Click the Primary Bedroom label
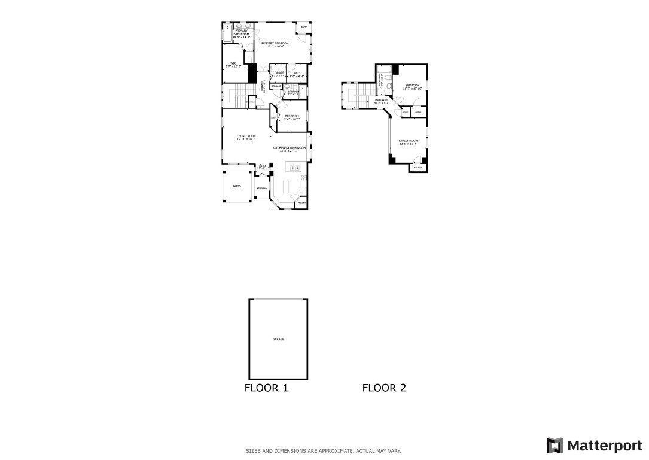(275, 43)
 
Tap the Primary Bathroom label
(241, 34)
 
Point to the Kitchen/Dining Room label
(289, 147)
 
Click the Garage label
(278, 340)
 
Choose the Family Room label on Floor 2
(408, 141)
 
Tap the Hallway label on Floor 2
(381, 100)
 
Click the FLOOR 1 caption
(266, 388)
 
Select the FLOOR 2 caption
(384, 388)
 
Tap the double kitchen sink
(294, 168)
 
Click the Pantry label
(301, 203)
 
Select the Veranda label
(261, 187)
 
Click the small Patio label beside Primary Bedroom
(304, 28)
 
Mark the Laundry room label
(279, 73)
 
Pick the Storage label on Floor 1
(276, 86)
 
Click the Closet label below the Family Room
(418, 168)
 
